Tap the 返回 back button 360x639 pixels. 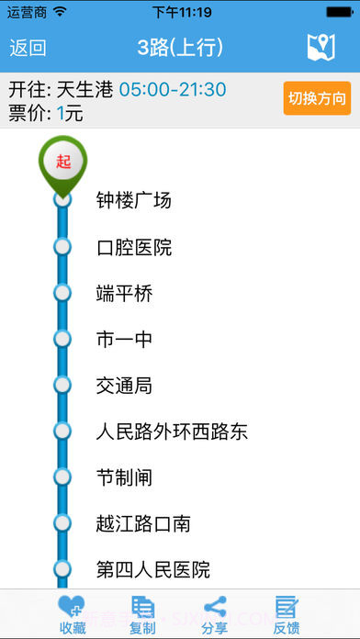28,48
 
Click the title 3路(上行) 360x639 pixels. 180,48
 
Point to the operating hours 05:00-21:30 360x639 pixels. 173,90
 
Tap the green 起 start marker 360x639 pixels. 62,163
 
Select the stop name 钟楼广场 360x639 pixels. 134,201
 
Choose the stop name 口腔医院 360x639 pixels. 134,248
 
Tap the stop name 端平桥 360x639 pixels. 124,294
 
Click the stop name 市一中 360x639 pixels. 124,340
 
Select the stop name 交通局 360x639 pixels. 124,386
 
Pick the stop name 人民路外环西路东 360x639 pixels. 172,432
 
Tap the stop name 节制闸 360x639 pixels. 124,477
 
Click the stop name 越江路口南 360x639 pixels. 143,523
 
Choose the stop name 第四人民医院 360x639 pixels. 153,569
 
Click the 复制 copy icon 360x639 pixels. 142,608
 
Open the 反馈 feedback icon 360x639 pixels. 287,608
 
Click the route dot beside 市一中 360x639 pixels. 62,339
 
